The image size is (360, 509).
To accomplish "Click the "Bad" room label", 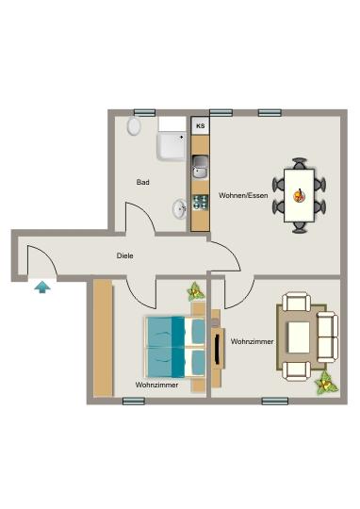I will point(143,183).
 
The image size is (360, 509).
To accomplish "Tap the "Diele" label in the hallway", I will point(124,255).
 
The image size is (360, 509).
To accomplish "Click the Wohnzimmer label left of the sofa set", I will point(252,341).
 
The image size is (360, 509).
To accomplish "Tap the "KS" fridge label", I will point(200,124).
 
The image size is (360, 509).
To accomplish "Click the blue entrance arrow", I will point(42,287).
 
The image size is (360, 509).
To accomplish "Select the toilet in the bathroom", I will point(135,125).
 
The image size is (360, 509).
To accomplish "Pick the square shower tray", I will point(172,144).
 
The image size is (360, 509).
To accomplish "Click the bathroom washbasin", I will point(179,208).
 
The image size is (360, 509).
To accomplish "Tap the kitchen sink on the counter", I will point(200,170).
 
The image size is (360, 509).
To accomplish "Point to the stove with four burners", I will point(200,202).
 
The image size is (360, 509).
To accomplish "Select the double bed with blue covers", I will point(174,345).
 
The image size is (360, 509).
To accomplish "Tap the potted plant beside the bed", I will point(195,291).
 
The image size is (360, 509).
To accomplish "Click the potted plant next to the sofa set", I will point(327,382).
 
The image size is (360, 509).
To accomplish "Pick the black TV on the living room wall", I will point(220,351).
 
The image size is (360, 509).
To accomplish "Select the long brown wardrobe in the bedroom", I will point(102,338).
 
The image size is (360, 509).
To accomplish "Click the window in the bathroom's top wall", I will point(144,111).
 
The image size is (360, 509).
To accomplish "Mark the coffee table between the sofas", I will point(301,335).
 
